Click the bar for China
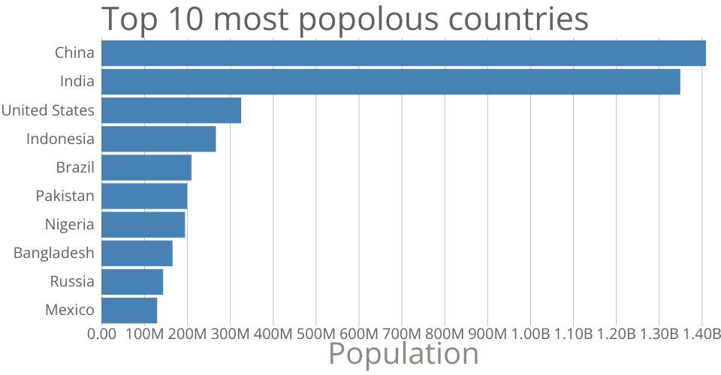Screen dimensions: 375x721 point(403,53)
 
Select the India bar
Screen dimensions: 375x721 point(391,82)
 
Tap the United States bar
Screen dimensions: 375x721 point(171,110)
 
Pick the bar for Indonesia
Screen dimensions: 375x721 point(158,139)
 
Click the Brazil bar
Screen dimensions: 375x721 point(146,167)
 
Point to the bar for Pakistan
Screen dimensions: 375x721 point(144,196)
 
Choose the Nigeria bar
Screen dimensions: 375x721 point(143,224)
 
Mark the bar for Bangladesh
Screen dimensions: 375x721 point(137,253)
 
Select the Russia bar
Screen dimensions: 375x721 point(132,281)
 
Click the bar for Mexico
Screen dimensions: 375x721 point(129,310)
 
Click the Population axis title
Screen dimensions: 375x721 point(403,353)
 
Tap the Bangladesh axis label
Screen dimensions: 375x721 point(54,253)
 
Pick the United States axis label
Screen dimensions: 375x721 point(48,110)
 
